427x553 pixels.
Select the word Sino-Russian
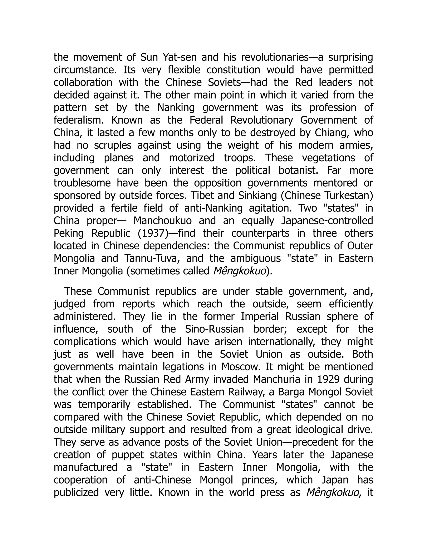coord(214,329)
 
